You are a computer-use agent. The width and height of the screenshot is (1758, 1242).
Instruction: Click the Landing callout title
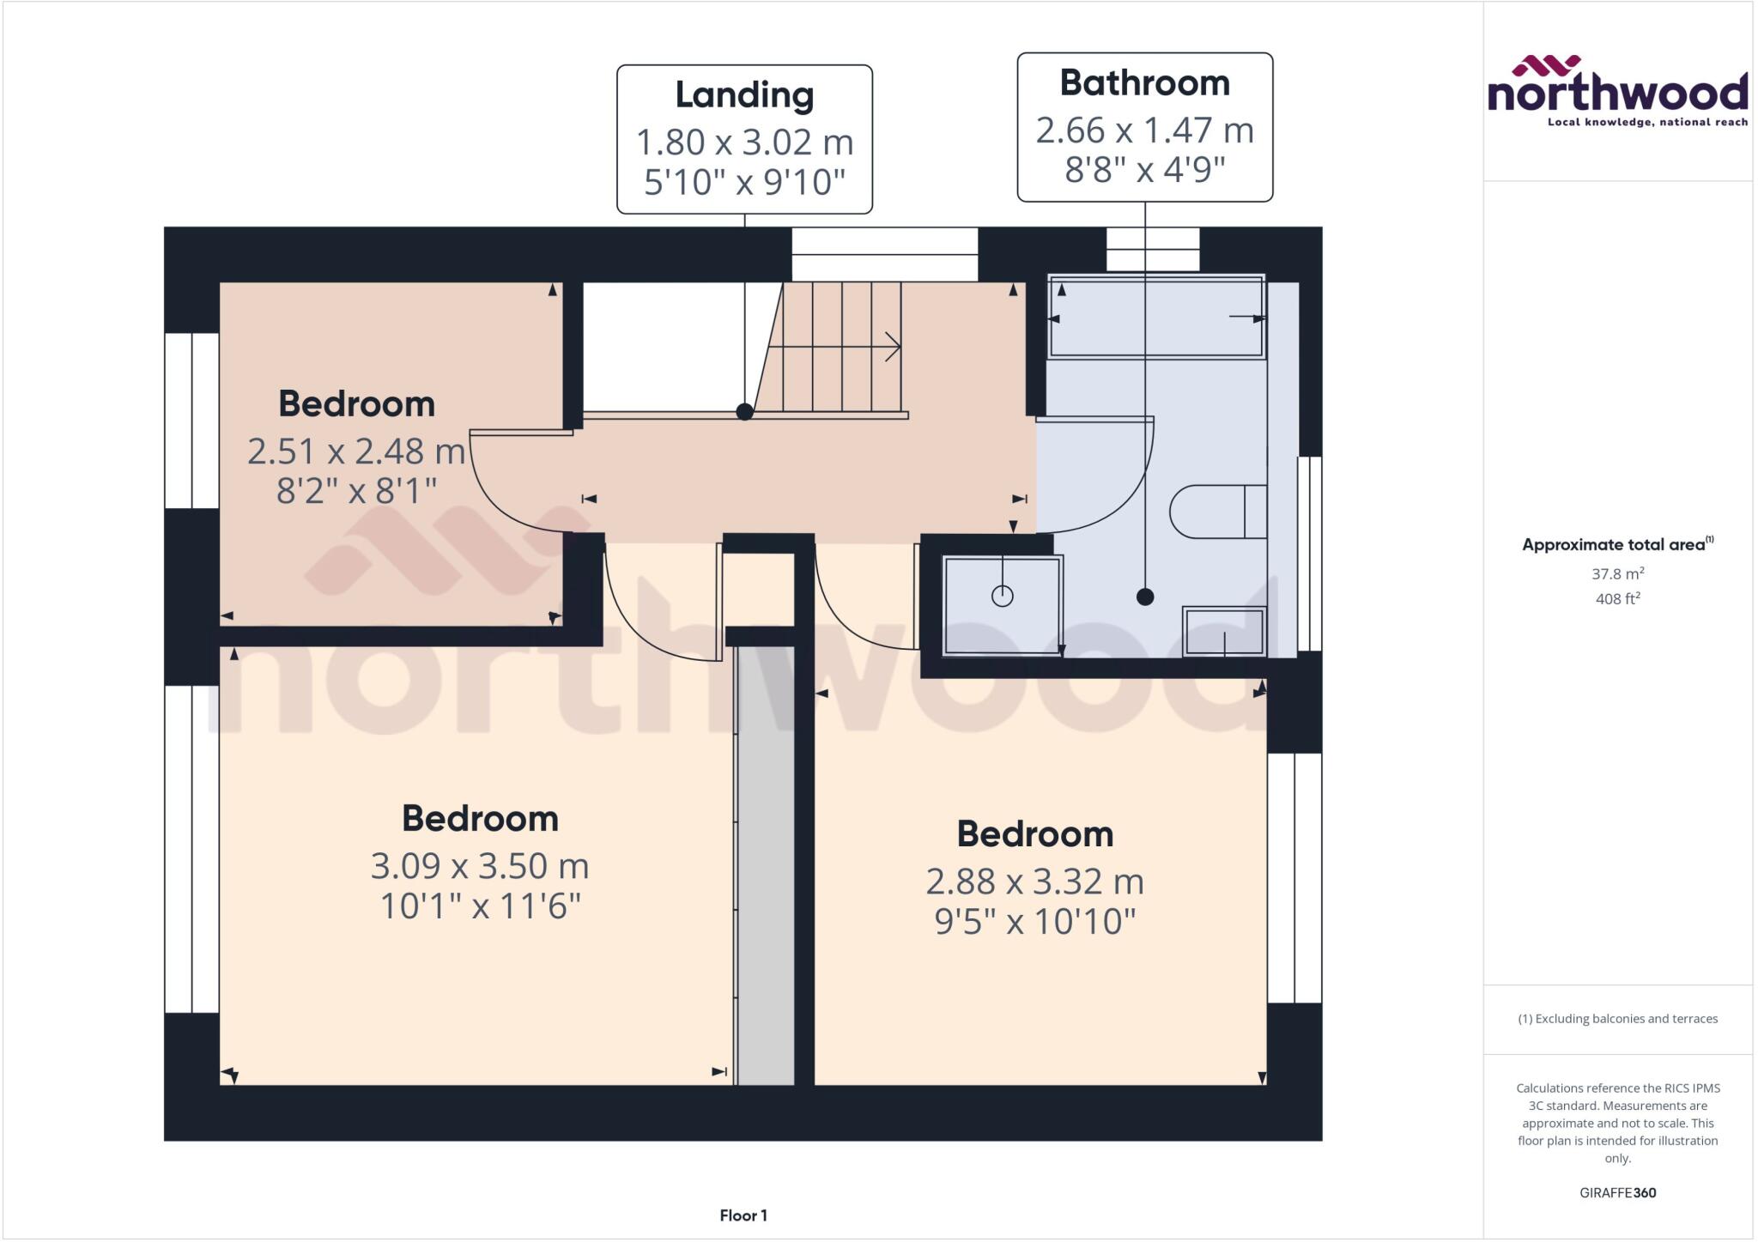(x=744, y=95)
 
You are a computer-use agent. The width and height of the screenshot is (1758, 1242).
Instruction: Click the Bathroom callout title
(x=1144, y=83)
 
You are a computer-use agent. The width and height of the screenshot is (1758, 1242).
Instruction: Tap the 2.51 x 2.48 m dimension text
(x=355, y=451)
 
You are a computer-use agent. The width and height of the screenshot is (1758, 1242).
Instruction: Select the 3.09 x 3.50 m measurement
(x=479, y=866)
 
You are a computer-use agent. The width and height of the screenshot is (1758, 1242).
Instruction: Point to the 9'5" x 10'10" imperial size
(x=1034, y=922)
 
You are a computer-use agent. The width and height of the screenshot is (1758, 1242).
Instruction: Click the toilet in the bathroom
(x=1217, y=512)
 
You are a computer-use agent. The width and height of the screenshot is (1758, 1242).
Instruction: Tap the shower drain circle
(x=1002, y=596)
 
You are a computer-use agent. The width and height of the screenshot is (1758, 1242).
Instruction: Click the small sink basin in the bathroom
(x=1224, y=631)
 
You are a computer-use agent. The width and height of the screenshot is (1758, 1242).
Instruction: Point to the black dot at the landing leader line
(x=744, y=412)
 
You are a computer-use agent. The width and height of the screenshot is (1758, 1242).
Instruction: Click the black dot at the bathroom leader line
(x=1144, y=597)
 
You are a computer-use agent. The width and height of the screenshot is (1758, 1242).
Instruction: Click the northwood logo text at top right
(x=1617, y=92)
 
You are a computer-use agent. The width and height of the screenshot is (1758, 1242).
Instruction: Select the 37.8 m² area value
(x=1617, y=573)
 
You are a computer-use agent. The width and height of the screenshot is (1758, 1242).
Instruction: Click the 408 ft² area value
(x=1617, y=598)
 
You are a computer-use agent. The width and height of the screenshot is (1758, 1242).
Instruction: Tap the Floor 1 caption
(x=743, y=1215)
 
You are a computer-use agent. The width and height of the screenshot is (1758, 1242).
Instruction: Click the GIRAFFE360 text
(x=1617, y=1192)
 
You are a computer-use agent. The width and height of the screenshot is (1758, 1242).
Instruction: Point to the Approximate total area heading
(x=1617, y=544)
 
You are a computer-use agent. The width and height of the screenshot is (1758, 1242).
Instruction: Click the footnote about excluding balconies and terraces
(x=1617, y=1019)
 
